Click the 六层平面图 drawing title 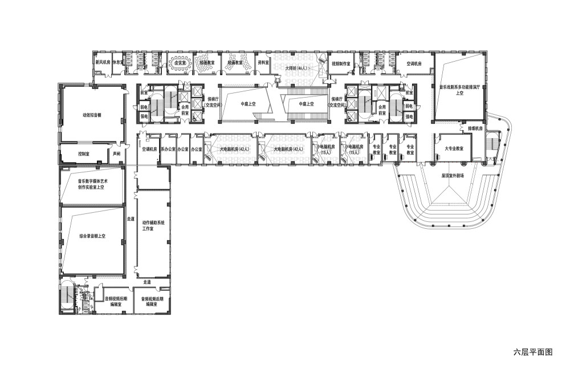(x=533, y=352)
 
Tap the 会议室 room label (x=180, y=62)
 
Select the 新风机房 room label (x=103, y=62)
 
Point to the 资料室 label (x=263, y=62)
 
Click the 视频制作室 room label (x=344, y=63)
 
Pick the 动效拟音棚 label (x=92, y=114)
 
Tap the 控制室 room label (x=84, y=154)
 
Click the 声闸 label (x=117, y=154)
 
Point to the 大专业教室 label (x=454, y=148)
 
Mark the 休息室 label (x=118, y=62)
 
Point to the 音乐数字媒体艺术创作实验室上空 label (x=92, y=184)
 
